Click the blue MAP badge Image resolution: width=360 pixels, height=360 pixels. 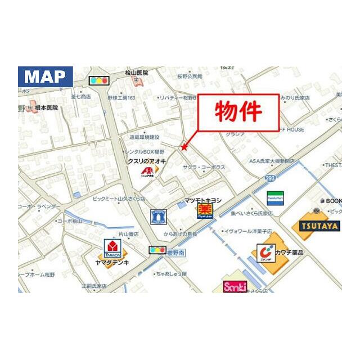pos(45,77)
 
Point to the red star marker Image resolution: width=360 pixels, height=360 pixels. pos(183,147)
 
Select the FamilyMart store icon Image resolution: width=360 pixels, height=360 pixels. pos(275,198)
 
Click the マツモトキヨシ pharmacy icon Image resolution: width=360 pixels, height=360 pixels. pos(204,211)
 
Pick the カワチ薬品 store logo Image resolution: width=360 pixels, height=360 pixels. pos(266,253)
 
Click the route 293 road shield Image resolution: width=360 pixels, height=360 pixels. pos(271,178)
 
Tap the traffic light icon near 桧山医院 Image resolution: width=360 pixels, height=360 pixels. pos(98,80)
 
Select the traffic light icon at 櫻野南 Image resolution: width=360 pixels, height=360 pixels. pos(157,250)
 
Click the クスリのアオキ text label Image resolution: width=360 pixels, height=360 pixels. pos(147,161)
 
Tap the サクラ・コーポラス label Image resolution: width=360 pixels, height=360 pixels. pos(204,168)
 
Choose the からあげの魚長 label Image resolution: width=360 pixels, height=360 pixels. pos(180,233)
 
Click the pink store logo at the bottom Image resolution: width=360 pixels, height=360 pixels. pos(235,287)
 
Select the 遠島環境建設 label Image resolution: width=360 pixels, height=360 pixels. pos(145,137)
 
